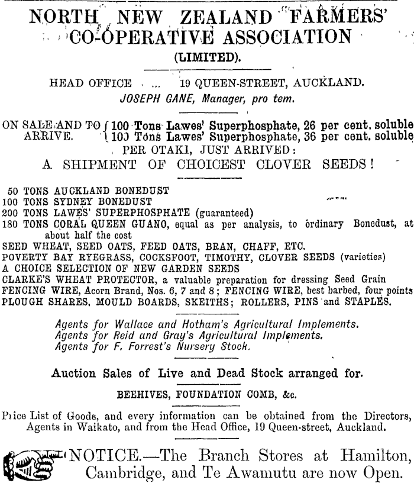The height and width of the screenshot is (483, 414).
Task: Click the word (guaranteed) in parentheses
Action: click(218, 213)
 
